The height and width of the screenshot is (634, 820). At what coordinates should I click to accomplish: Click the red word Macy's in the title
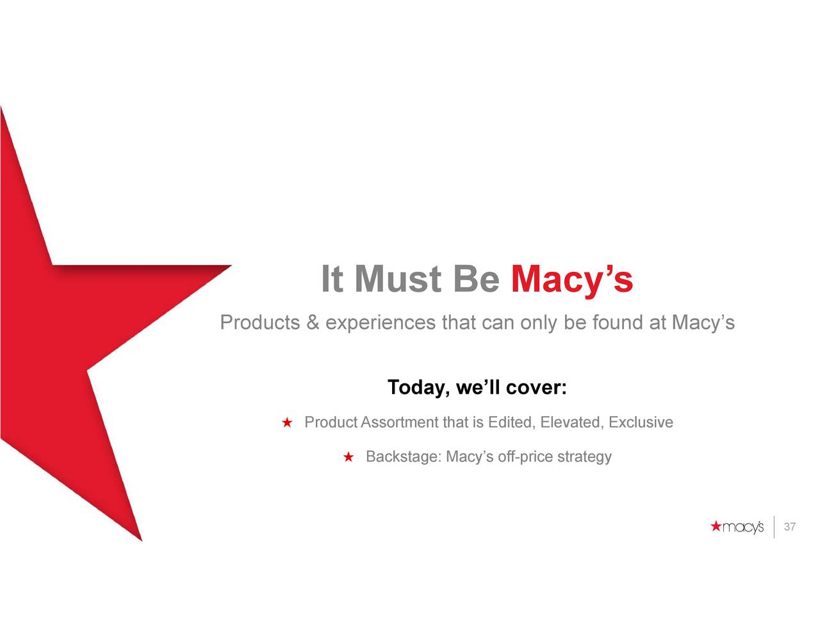tap(571, 279)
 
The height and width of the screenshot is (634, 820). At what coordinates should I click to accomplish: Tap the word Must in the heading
tap(398, 279)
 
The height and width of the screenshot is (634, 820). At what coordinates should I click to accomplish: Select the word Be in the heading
tap(477, 279)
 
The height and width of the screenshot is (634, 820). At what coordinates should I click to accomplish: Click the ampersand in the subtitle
tap(313, 322)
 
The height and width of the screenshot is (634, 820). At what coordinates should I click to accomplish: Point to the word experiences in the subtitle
tap(381, 324)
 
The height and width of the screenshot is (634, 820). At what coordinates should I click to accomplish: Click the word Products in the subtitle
tap(260, 322)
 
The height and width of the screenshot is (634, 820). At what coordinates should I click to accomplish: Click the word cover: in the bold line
tap(536, 387)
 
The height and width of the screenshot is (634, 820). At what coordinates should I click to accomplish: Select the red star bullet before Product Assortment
tap(287, 422)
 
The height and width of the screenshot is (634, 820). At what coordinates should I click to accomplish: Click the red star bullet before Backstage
tap(348, 457)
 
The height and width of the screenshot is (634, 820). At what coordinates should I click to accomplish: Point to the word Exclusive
tap(641, 422)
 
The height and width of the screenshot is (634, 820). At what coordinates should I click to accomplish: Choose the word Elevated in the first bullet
tap(570, 422)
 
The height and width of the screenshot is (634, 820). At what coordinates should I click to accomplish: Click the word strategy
tap(584, 457)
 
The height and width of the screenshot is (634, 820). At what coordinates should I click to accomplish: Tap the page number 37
tap(790, 526)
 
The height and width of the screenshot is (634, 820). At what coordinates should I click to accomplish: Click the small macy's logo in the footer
tap(737, 527)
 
